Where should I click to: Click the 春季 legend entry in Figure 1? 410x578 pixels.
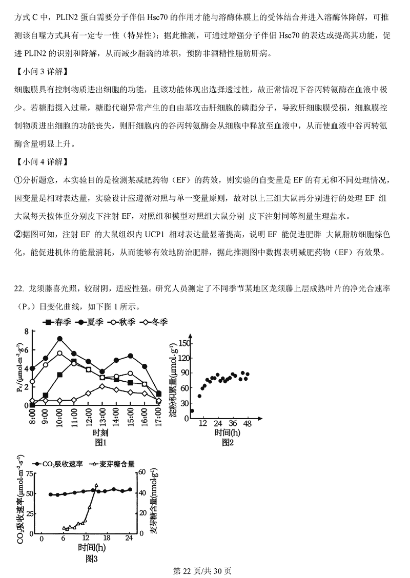[x=57, y=322]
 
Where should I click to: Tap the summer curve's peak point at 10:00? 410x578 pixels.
[x=60, y=339]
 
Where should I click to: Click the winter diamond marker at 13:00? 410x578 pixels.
[x=102, y=386]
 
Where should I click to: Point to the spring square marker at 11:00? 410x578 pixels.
[x=74, y=362]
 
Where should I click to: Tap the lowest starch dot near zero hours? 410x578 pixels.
[x=192, y=410]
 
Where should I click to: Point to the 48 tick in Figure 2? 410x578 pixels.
[x=247, y=423]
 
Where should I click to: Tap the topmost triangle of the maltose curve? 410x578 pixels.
[x=96, y=485]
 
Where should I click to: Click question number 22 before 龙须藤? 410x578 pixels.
[x=19, y=289]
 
